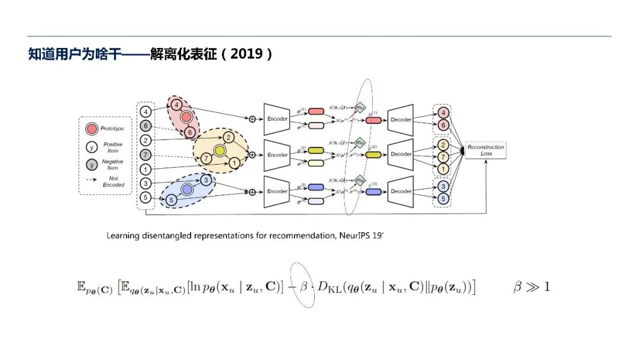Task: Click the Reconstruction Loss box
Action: pyautogui.click(x=485, y=150)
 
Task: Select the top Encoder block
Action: pyautogui.click(x=277, y=119)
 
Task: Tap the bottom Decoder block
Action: pyautogui.click(x=401, y=191)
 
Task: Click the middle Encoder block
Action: pyautogui.click(x=277, y=155)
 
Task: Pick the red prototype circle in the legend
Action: pyautogui.click(x=92, y=129)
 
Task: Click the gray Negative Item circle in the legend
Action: pyautogui.click(x=92, y=165)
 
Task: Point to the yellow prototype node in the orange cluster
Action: pyautogui.click(x=220, y=151)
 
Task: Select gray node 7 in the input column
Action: pyautogui.click(x=145, y=155)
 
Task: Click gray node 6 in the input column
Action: pyautogui.click(x=145, y=126)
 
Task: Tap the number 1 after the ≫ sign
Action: pyautogui.click(x=546, y=287)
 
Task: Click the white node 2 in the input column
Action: pyautogui.click(x=145, y=140)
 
